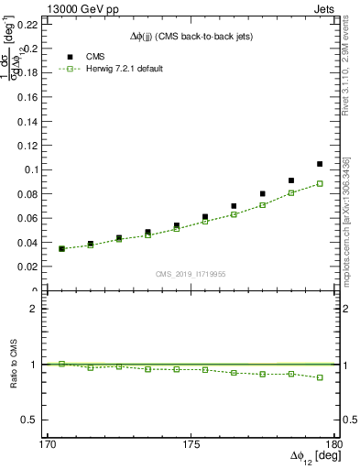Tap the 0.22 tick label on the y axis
(x=28, y=24)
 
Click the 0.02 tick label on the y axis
(x=28, y=267)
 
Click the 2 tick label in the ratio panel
(x=38, y=309)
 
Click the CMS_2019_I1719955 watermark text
(x=191, y=274)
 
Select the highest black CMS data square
(x=320, y=164)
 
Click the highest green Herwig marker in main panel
(x=320, y=183)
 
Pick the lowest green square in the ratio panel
(x=320, y=377)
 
